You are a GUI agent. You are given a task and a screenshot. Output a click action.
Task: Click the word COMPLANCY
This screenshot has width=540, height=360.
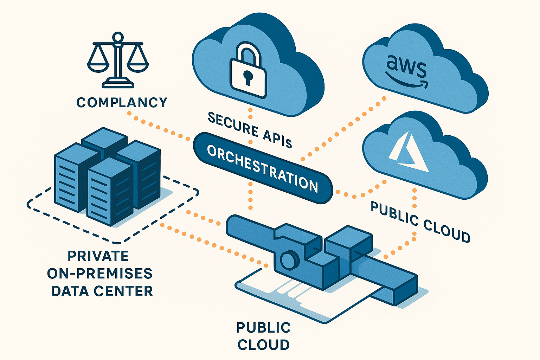click(x=122, y=103)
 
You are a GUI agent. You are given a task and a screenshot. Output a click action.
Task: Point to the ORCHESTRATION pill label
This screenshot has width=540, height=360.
click(x=263, y=168)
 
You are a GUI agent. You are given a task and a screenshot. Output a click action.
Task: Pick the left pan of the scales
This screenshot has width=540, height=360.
click(x=98, y=65)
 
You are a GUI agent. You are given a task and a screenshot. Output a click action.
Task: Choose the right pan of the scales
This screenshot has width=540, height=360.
click(x=137, y=65)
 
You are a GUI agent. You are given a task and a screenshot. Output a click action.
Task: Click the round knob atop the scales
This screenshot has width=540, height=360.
click(x=118, y=37)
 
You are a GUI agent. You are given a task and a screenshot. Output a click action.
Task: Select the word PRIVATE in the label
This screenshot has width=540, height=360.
click(x=98, y=256)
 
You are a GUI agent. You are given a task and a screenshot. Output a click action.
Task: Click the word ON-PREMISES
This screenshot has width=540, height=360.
click(x=100, y=274)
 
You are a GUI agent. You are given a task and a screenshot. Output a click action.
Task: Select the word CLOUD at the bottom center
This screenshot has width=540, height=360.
click(x=263, y=345)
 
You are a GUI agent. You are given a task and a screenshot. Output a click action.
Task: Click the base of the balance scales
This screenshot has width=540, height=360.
click(x=118, y=84)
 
